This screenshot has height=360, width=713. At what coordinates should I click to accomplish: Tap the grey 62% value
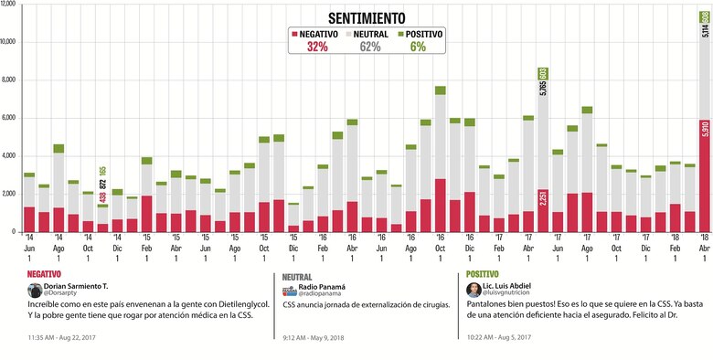point(370,48)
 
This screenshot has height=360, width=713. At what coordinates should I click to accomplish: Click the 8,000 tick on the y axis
point(8,79)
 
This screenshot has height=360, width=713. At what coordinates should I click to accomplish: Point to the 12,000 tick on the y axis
point(8,4)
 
